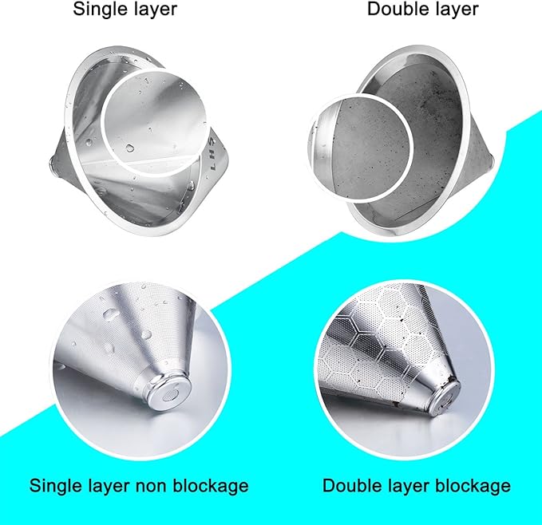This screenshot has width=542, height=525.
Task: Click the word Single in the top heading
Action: pyautogui.click(x=96, y=10)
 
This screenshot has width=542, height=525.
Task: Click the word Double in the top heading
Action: pyautogui.click(x=394, y=9)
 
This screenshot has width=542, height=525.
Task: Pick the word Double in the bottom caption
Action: pyautogui.click(x=349, y=485)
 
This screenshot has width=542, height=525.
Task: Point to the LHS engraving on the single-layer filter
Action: pyautogui.click(x=212, y=154)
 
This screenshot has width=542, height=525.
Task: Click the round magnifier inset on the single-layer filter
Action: pyautogui.click(x=156, y=122)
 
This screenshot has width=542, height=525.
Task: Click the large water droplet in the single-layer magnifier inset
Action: pyautogui.click(x=129, y=148)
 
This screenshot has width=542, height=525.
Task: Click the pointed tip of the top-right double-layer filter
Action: pyautogui.click(x=493, y=160)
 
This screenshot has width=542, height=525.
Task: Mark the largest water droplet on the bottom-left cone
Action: pyautogui.click(x=110, y=314)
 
